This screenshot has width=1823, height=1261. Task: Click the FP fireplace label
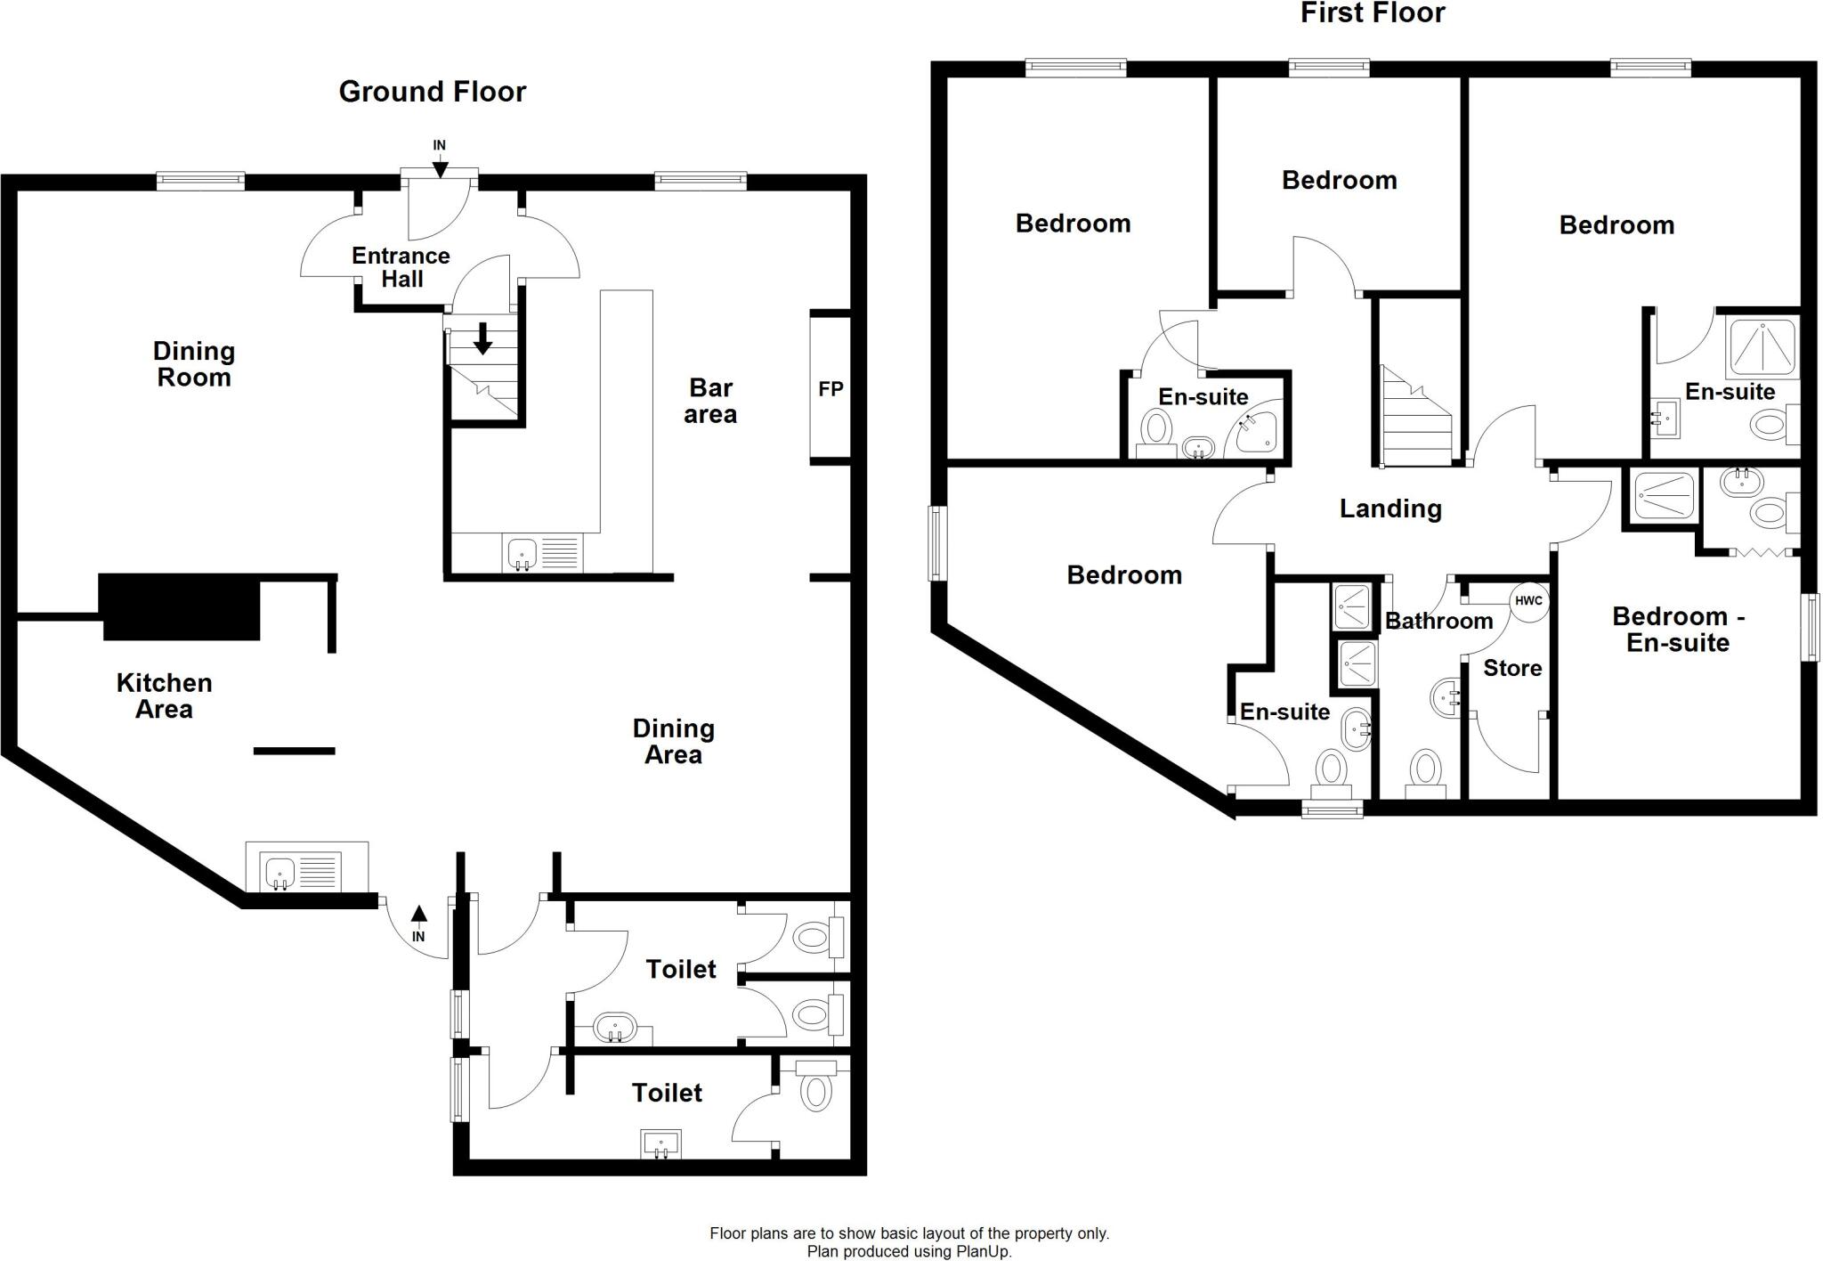830,389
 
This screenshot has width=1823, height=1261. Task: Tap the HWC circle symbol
1528,601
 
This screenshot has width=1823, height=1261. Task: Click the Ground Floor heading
432,92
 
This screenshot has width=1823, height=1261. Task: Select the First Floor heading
1373,13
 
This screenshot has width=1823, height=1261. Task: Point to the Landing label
1390,508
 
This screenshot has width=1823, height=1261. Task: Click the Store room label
1512,668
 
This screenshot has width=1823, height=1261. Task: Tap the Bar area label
710,401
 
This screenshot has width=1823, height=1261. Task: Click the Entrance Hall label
401,267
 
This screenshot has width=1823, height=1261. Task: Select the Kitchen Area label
164,696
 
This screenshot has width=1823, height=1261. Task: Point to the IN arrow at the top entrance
440,167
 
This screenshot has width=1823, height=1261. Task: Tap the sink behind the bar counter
523,554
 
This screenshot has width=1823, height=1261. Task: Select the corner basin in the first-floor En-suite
1255,435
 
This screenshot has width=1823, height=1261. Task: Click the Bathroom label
1438,621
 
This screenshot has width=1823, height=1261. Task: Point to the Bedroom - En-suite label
1678,629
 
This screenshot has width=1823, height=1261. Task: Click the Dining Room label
193,363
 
